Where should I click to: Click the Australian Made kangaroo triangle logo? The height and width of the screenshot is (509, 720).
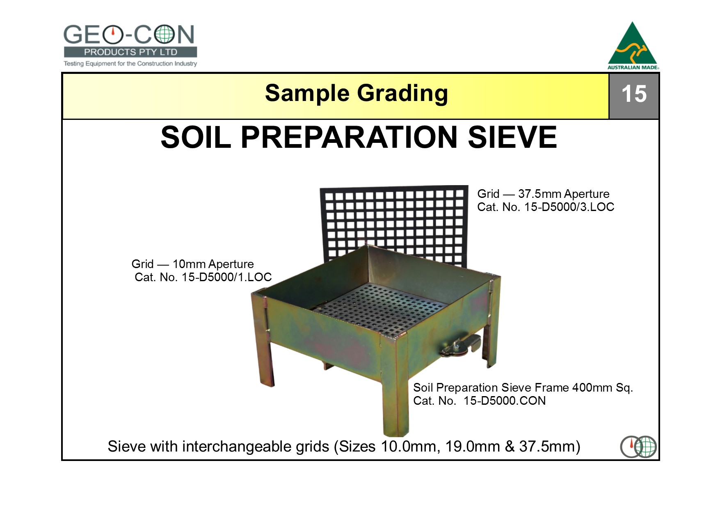coord(633,45)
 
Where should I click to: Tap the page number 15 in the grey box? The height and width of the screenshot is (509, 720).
coord(634,94)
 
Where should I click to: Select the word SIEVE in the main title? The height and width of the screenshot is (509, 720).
coord(512,137)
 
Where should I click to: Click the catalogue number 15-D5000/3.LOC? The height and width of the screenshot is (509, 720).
coord(569,207)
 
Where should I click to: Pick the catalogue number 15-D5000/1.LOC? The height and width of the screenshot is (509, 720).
coord(226,277)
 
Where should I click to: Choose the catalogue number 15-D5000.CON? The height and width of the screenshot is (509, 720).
coord(505,401)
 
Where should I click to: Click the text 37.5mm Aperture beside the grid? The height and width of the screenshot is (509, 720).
coord(564,194)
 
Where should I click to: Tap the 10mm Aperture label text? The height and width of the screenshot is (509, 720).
coord(213,264)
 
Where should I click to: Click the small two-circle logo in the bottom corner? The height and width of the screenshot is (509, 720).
coord(638,447)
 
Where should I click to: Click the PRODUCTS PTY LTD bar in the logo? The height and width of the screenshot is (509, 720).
coord(130,52)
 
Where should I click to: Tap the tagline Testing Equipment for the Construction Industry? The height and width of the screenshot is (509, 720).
coord(130,64)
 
